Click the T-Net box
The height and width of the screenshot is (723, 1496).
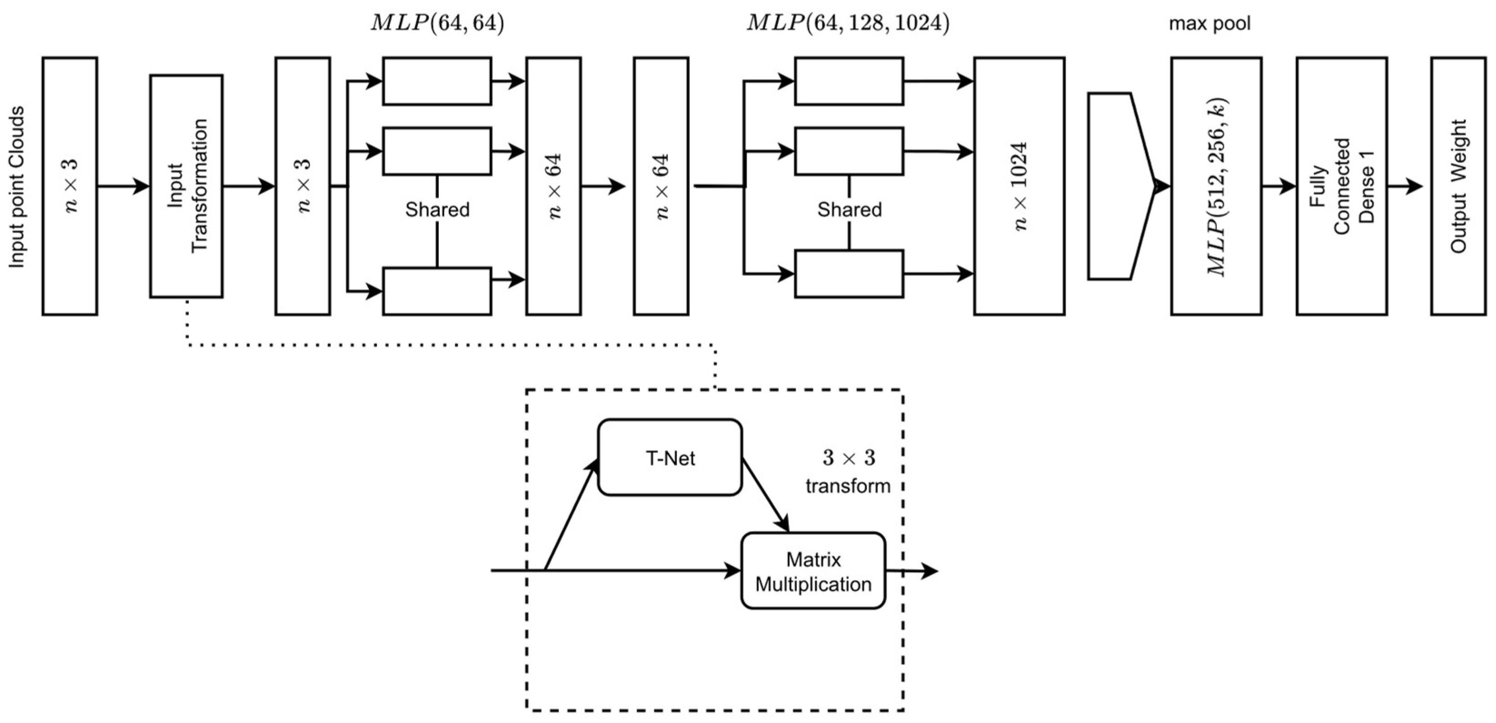(x=670, y=458)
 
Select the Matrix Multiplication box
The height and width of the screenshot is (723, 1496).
(x=813, y=571)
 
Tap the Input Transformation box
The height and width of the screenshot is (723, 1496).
(x=186, y=186)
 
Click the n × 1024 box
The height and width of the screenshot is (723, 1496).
(x=1019, y=186)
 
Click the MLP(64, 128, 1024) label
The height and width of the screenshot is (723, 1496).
(x=848, y=23)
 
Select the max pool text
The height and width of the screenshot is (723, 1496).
(x=1209, y=24)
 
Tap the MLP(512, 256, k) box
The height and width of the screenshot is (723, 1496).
(x=1216, y=186)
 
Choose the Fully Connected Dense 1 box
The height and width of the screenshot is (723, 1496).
(x=1342, y=186)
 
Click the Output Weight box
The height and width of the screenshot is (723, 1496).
(x=1458, y=186)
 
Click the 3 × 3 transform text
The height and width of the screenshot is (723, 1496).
(x=848, y=472)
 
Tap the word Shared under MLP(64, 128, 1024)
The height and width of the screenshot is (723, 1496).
(x=849, y=209)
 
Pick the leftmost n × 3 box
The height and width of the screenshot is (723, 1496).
(x=70, y=186)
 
